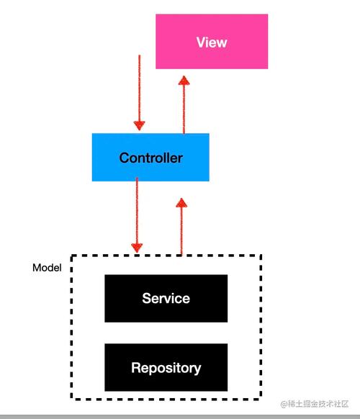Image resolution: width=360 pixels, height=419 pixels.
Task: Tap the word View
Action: pos(212,42)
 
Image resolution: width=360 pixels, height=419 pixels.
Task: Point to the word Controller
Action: pos(150,158)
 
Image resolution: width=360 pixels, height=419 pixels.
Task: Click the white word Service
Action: pos(166,298)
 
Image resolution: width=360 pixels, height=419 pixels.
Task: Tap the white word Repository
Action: pos(166,368)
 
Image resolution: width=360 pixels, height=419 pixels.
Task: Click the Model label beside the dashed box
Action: pos(47,267)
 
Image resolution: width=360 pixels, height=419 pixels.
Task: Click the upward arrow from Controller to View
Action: pos(184,104)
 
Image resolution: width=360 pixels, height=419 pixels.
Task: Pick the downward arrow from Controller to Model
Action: pos(137,216)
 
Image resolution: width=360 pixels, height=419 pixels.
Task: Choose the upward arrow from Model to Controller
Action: pos(181,227)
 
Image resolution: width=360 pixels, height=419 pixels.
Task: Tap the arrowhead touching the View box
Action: pos(184,79)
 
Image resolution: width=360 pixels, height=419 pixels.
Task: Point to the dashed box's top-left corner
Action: pos(71,256)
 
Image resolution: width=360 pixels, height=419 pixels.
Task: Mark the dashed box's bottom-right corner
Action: pos(261,398)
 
